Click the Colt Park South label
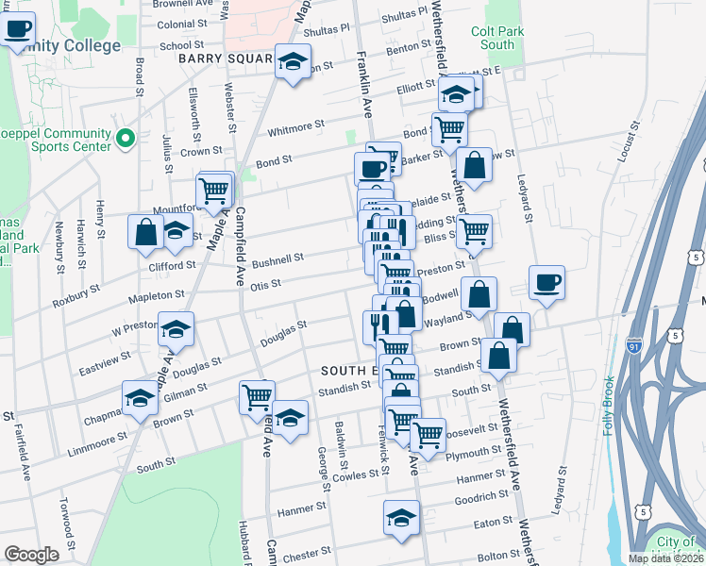click(497, 38)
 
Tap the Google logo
click(31, 555)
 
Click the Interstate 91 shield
click(632, 349)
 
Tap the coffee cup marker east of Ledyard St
click(546, 282)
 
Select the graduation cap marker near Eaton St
click(402, 518)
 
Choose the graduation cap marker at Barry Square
click(294, 62)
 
